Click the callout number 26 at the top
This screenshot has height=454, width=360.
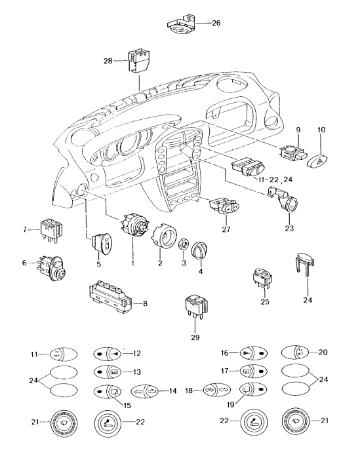click(x=216, y=22)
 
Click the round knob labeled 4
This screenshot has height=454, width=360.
click(x=198, y=251)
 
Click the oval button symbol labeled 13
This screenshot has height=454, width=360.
click(x=106, y=371)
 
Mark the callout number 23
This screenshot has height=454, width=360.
click(x=289, y=229)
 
